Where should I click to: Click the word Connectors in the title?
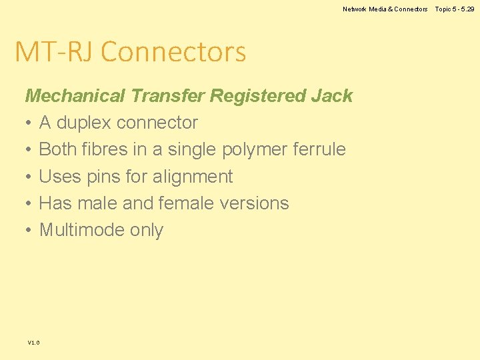pos(173,51)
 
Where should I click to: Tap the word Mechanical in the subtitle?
pos(75,96)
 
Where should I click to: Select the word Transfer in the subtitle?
pos(167,96)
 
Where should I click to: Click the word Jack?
pos(331,96)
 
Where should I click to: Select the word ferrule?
pos(319,149)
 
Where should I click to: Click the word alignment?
pos(193,177)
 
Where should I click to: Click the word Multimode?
pos(78,230)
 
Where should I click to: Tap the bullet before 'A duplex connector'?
pos(29,123)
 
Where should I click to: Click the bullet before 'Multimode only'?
pos(29,231)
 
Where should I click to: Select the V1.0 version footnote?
pos(33,343)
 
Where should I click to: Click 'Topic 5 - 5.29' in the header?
pos(455,9)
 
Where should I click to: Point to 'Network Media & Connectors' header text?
pos(385,9)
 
